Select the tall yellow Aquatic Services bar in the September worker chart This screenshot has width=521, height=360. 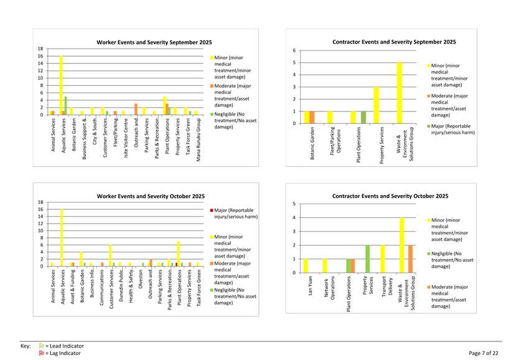(61, 85)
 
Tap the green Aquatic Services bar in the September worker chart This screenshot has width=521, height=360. (65, 105)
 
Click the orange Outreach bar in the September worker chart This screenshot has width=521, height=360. (136, 109)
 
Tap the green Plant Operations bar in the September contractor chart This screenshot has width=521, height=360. (364, 117)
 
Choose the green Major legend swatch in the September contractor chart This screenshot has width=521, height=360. (428, 126)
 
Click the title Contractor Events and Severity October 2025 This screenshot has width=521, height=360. (390, 196)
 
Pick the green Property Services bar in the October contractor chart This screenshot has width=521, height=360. (367, 258)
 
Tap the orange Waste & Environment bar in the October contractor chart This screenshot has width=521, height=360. (410, 258)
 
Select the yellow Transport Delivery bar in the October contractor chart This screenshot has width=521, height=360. (382, 258)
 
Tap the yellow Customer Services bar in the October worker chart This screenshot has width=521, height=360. (110, 255)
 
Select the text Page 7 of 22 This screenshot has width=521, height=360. (483, 353)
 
